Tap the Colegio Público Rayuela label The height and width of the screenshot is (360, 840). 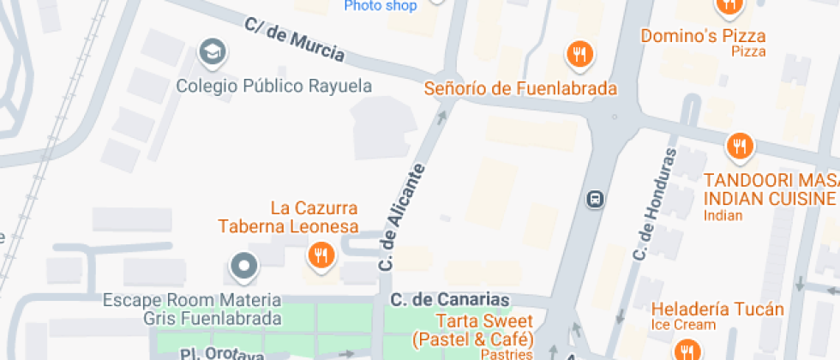click(x=274, y=86)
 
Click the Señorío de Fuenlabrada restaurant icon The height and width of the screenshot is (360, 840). click(x=580, y=56)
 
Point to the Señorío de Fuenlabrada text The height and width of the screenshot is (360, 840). click(x=521, y=88)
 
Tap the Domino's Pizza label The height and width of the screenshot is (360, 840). click(x=703, y=36)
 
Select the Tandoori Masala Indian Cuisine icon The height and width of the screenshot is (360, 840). click(x=739, y=147)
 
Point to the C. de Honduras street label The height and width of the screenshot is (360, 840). click(x=654, y=206)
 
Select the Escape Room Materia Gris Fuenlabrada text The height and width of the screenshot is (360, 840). click(x=192, y=309)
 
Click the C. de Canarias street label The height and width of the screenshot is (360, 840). click(x=450, y=300)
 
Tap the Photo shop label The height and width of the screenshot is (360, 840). click(x=380, y=6)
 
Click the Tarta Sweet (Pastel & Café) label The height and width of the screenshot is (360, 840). click(x=472, y=330)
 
